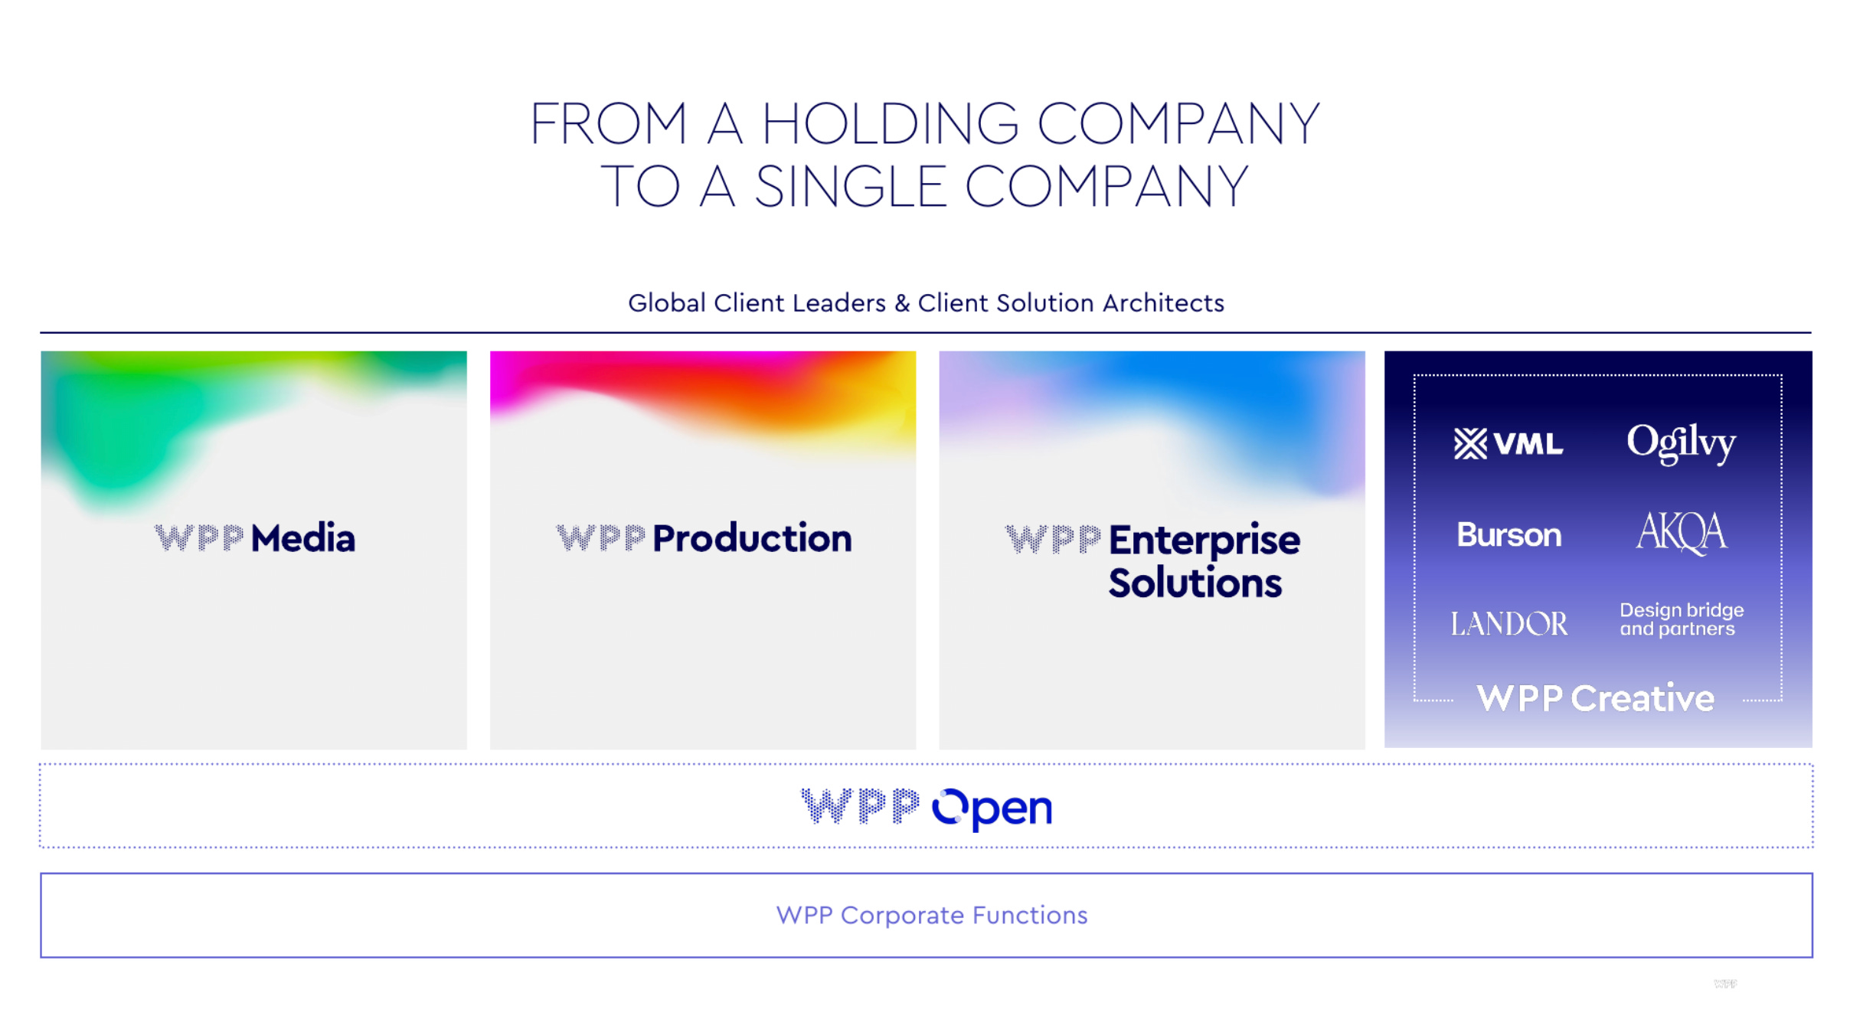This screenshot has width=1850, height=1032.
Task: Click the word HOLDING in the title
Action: [889, 124]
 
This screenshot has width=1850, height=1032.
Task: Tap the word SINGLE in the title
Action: [849, 187]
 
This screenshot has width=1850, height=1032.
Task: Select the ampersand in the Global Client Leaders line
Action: [902, 303]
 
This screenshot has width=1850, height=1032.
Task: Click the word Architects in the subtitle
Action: [1163, 303]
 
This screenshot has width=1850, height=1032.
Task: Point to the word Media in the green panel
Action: [303, 538]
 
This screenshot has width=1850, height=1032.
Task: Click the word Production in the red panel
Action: [752, 538]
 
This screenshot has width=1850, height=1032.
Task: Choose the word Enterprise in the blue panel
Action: [1204, 540]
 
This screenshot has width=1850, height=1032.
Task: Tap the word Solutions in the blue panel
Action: [1195, 583]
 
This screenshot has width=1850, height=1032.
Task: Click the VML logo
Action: [1508, 444]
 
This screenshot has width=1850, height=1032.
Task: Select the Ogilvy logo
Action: [1681, 443]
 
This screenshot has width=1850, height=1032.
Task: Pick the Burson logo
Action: [1508, 534]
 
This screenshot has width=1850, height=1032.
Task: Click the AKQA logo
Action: [1682, 532]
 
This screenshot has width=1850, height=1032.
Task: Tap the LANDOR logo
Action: [1508, 624]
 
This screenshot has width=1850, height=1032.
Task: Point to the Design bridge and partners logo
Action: [1681, 619]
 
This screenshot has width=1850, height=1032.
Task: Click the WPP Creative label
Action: [1595, 698]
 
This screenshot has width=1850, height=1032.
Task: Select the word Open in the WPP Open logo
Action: [992, 808]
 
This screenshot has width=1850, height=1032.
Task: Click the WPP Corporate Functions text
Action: [931, 915]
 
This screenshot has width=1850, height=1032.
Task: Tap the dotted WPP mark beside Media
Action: [199, 538]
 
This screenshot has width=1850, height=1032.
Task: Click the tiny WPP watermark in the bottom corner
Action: [1725, 984]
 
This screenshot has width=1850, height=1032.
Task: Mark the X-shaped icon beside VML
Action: [1470, 444]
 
